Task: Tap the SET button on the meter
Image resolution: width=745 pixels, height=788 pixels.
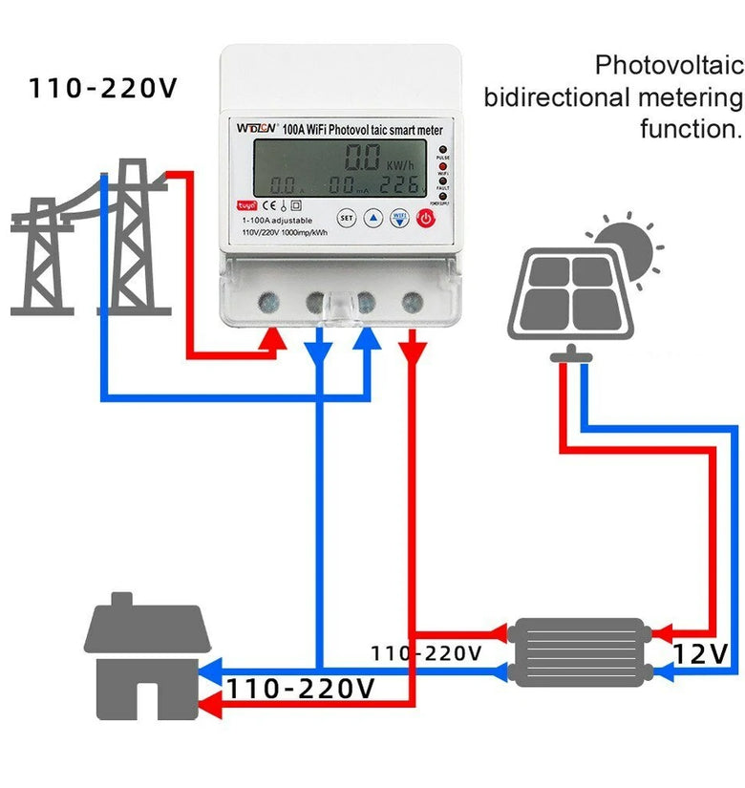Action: pos(347,218)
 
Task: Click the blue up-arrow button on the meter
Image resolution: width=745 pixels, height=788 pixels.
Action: pos(373,218)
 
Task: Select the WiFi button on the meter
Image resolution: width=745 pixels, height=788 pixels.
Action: pos(399,218)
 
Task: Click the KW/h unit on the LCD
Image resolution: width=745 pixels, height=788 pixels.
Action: pos(402,163)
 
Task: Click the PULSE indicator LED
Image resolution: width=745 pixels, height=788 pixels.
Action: pos(443,151)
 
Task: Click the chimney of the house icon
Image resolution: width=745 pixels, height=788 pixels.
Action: pos(121,602)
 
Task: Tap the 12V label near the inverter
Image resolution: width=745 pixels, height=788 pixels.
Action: pos(700,654)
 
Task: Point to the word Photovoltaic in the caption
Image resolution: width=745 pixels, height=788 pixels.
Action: pos(669,66)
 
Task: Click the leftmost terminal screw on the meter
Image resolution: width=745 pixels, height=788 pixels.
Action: pos(269,303)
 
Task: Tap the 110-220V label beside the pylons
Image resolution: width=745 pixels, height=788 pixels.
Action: pos(103,89)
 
